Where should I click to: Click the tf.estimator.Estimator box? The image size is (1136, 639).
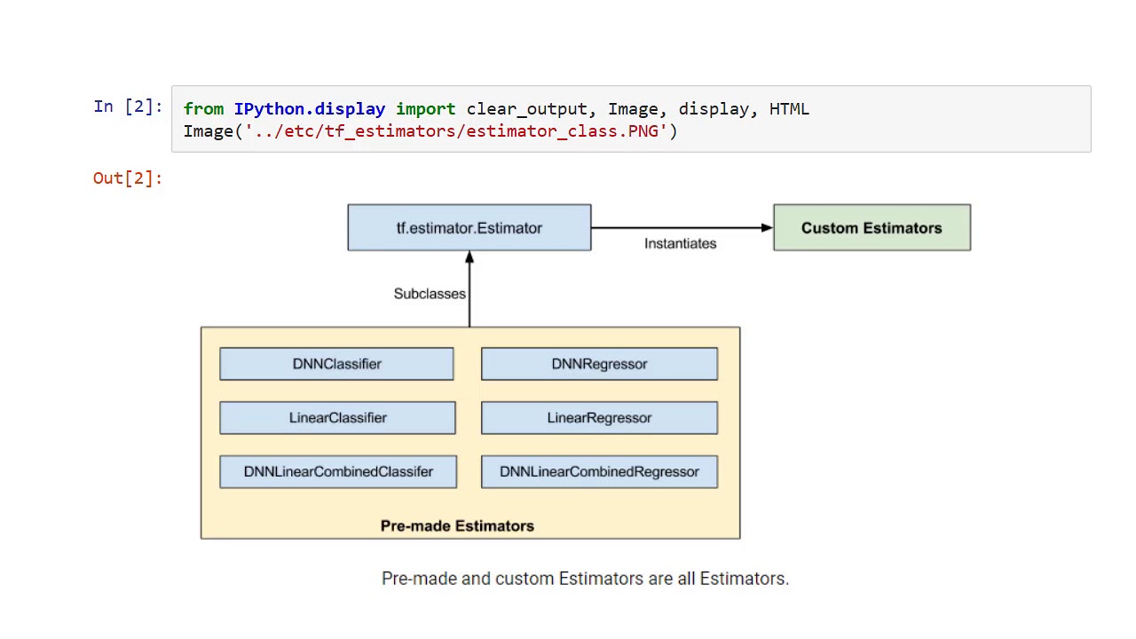469,228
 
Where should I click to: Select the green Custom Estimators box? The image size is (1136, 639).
872,228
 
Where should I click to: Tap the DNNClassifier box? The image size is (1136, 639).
336,364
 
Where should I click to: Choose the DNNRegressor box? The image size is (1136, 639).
599,364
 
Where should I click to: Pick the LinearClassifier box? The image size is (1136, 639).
337,418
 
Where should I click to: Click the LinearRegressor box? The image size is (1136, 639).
599,418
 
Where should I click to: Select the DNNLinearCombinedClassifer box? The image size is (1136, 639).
338,472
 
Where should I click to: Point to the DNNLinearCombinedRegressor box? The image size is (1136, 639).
599,472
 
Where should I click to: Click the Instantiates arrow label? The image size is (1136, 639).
680,244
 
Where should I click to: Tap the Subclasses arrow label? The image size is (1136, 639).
430,294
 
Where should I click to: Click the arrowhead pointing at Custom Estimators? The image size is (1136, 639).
767,228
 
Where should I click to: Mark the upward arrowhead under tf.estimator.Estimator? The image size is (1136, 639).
469,257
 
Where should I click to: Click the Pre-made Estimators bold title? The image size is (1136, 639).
457,526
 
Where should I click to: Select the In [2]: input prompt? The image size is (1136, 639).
128,106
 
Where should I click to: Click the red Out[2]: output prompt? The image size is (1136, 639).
128,178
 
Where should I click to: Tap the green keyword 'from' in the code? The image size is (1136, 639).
203,109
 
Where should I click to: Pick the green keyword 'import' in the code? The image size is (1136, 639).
425,109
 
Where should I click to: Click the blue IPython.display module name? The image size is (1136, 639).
309,109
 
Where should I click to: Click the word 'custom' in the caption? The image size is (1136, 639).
525,579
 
